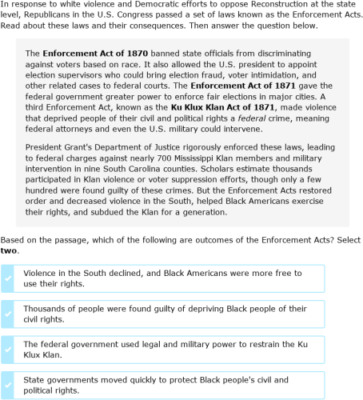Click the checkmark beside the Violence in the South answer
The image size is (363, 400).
click(8, 278)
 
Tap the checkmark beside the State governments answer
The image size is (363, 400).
click(8, 385)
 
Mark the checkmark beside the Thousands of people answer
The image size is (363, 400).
click(8, 314)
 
